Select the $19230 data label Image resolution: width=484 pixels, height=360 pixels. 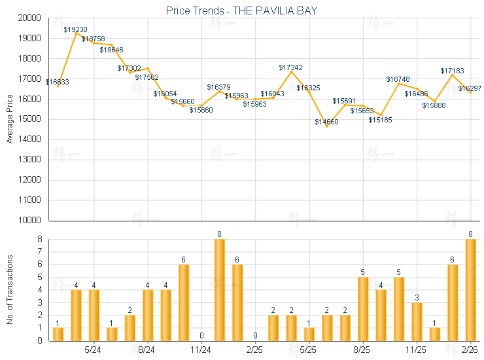tap(76, 29)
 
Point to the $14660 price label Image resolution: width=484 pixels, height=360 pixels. tap(327, 122)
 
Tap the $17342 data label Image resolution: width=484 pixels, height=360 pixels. tap(290, 67)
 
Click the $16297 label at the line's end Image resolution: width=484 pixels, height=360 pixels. tap(470, 88)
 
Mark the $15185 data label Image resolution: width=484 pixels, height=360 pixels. tap(380, 120)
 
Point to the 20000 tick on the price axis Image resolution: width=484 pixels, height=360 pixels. tap(32, 18)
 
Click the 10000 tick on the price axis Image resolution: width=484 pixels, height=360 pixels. tap(32, 221)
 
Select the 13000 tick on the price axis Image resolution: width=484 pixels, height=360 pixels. tap(32, 160)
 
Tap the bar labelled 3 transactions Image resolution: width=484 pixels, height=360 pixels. tap(417, 321)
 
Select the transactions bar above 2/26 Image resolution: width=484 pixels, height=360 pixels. tap(470, 290)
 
